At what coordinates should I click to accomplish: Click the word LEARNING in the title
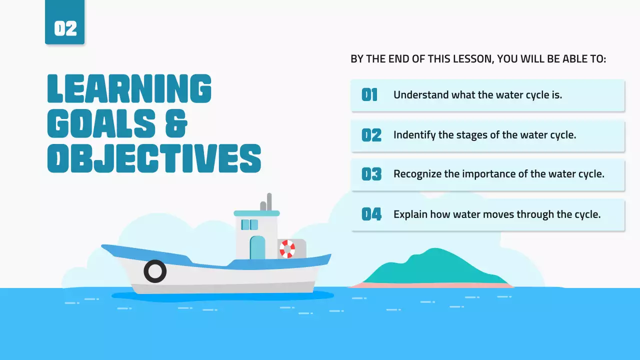[x=129, y=89]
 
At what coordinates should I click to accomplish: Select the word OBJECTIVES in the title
[x=154, y=158]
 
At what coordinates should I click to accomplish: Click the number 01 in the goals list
[x=369, y=95]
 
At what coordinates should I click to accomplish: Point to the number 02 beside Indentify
[x=371, y=135]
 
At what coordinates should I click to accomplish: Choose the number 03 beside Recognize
[x=371, y=174]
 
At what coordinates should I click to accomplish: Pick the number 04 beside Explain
[x=371, y=214]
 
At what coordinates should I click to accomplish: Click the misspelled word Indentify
[x=413, y=135]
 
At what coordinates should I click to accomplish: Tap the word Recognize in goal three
[x=417, y=174]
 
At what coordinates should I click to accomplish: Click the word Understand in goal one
[x=420, y=95]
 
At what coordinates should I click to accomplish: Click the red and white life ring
[x=287, y=249]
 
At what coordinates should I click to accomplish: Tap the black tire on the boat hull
[x=155, y=271]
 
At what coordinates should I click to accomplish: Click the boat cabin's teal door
[x=257, y=247]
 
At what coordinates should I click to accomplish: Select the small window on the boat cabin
[x=249, y=224]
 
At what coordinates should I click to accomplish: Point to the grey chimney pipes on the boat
[x=266, y=202]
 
